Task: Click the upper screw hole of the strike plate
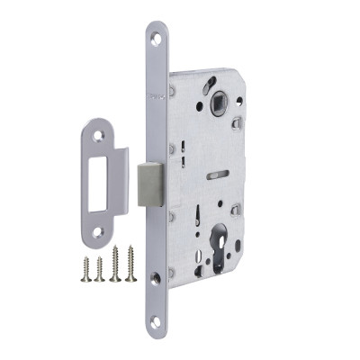pos(95,137)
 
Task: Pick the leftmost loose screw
pos(86,268)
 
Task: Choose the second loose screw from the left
pos(100,268)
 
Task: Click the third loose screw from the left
pos(115,265)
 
